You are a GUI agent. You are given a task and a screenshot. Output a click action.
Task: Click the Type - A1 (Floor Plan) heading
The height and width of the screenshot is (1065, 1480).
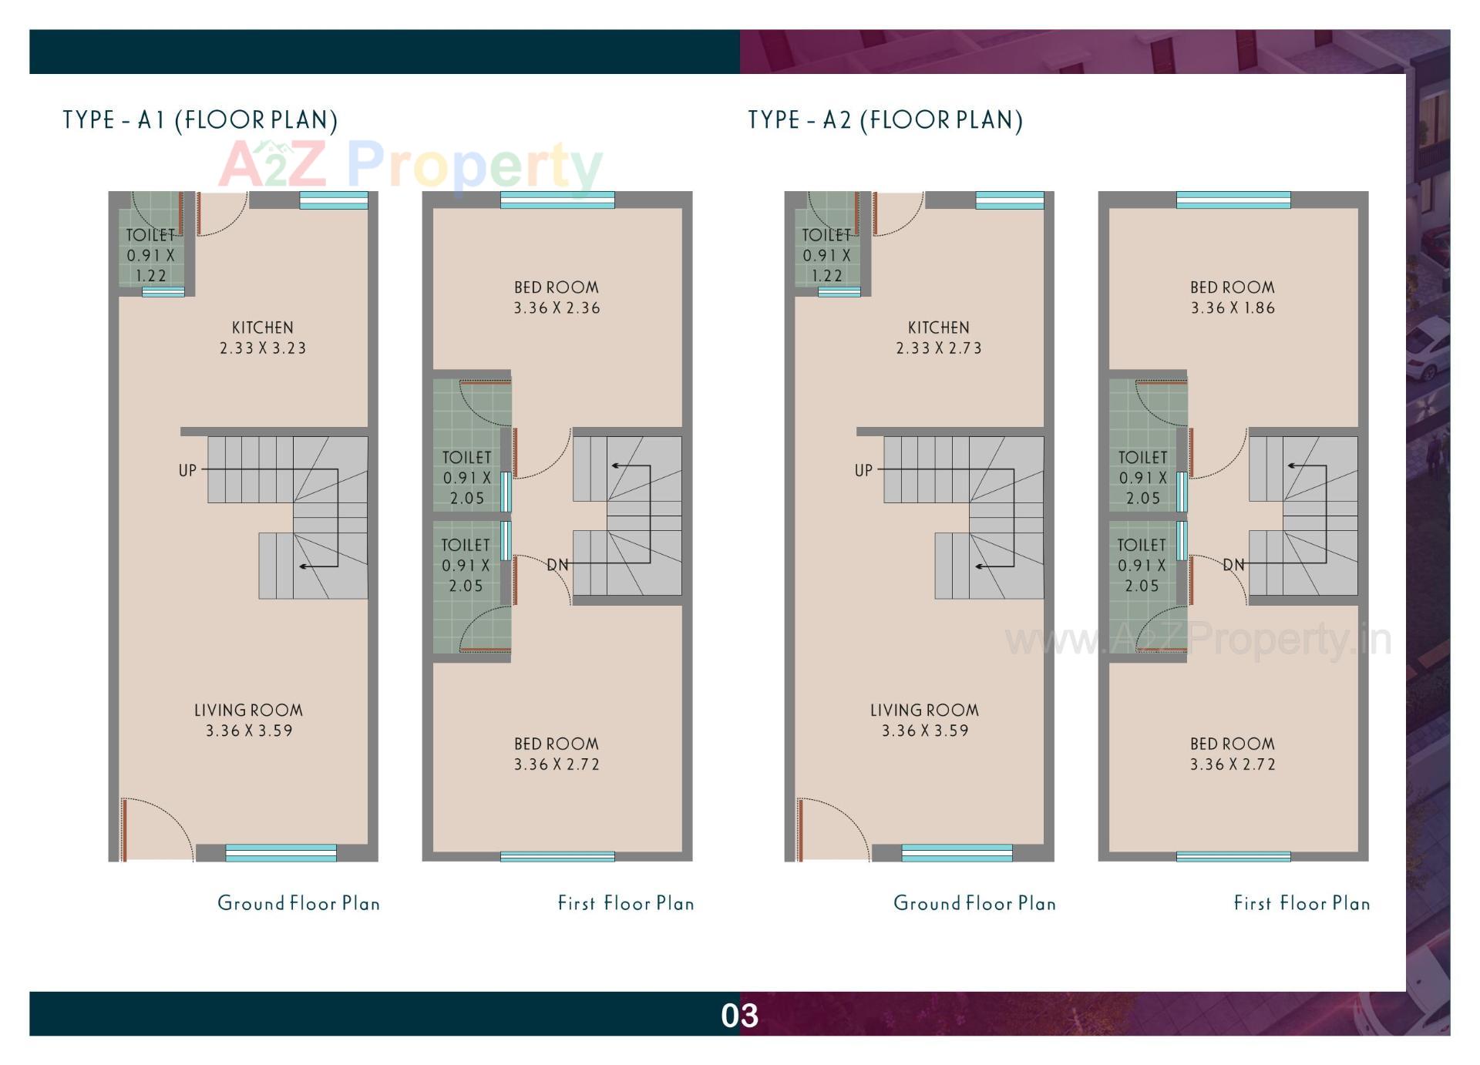[x=200, y=120]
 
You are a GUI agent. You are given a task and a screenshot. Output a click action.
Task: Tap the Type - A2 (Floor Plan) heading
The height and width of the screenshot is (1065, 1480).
[x=885, y=120]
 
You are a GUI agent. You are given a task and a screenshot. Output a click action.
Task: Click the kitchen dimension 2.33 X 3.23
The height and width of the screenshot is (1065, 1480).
[x=263, y=348]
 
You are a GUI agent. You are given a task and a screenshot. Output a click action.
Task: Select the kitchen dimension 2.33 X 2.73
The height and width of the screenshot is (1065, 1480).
[x=939, y=348]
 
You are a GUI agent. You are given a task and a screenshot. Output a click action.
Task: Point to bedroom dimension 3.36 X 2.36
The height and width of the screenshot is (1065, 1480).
[x=557, y=308]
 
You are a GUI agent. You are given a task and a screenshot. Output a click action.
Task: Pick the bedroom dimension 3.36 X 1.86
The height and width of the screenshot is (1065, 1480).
[x=1233, y=308]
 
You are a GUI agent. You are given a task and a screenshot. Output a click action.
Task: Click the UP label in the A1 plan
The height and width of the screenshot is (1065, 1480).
[x=187, y=470]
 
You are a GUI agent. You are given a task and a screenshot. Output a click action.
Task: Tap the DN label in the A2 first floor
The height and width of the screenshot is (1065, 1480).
[x=1233, y=565]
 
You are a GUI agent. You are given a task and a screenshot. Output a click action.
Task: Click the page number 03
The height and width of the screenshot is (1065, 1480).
[x=739, y=1016]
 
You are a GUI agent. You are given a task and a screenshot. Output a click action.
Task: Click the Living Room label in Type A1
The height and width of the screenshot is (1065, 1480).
[x=248, y=710]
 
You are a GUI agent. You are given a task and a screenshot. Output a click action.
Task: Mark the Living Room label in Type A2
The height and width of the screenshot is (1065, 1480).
[x=924, y=710]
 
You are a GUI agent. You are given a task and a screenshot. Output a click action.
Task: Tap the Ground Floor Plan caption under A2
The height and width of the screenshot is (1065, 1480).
[x=974, y=903]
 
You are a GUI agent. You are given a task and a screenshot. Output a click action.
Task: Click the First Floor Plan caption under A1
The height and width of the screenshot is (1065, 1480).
[x=626, y=903]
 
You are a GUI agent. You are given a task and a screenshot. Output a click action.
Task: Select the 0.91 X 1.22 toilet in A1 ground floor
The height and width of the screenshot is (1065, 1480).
[x=151, y=256]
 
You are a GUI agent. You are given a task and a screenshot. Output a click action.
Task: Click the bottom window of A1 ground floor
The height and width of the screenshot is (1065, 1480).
[x=281, y=852]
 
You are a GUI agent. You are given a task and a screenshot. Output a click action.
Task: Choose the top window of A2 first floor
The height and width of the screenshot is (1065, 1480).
[x=1233, y=200]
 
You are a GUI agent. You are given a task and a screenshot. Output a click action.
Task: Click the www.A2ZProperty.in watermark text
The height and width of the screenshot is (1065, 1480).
[x=1198, y=640]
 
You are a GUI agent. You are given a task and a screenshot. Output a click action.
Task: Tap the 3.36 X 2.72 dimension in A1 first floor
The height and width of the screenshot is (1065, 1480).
[x=557, y=764]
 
